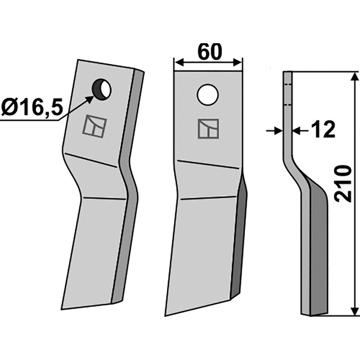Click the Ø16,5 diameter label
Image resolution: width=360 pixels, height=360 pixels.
pyautogui.click(x=32, y=108)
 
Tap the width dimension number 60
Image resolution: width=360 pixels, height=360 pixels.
pyautogui.click(x=210, y=52)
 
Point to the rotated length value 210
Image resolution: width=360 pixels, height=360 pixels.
pyautogui.click(x=343, y=184)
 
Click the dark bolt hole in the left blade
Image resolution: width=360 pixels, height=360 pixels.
pyautogui.click(x=102, y=89)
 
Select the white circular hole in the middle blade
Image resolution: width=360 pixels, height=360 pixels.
pyautogui.click(x=207, y=95)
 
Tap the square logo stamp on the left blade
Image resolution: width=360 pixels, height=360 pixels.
pyautogui.click(x=94, y=126)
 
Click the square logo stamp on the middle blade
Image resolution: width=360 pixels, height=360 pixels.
pyautogui.click(x=208, y=129)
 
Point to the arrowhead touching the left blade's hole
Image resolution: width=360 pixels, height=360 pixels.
pyautogui.click(x=89, y=99)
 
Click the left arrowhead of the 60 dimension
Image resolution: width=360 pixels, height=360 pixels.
pyautogui.click(x=179, y=62)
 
